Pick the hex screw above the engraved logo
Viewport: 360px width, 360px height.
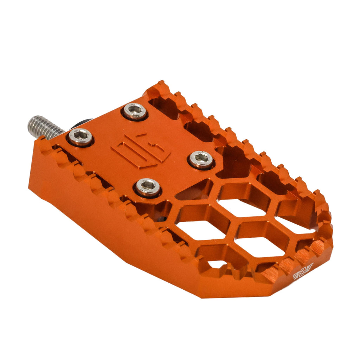[135, 111]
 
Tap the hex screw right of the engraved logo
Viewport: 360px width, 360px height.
[201, 159]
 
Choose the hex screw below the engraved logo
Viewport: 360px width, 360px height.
[148, 186]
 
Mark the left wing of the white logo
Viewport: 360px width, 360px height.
[296, 275]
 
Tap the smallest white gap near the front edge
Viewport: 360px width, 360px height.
[216, 264]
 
